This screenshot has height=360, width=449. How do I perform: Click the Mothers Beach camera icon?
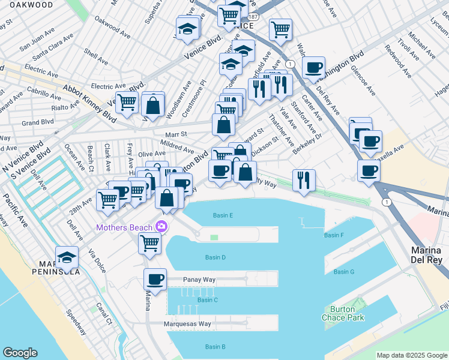tap(161, 227)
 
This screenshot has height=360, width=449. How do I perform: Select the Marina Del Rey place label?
tap(426, 254)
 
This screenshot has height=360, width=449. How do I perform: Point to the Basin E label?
tap(223, 215)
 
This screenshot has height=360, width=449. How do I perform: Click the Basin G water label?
tap(344, 272)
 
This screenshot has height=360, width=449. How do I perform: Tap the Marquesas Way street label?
tap(187, 324)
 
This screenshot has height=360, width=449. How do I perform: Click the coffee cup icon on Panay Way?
tap(155, 280)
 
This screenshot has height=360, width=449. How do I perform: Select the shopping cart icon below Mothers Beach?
tap(149, 244)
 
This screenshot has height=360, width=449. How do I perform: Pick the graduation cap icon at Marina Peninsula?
tap(67, 258)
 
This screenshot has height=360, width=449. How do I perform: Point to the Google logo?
tap(20, 353)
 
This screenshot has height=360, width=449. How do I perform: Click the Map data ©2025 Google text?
tap(411, 355)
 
